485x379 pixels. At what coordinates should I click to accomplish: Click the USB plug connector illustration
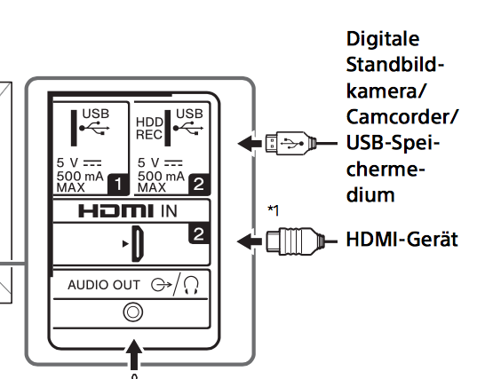(290, 143)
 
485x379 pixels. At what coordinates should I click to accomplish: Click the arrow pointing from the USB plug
(250, 143)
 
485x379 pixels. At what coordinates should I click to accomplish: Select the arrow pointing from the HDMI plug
(250, 241)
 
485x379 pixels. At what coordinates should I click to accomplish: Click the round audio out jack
(133, 312)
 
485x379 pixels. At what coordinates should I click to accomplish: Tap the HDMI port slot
(138, 243)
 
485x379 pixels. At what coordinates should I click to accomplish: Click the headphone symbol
(191, 285)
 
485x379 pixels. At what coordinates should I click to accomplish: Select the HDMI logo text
(116, 211)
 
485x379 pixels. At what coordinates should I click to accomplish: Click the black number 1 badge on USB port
(118, 185)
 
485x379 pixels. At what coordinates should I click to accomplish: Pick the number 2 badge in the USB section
(199, 185)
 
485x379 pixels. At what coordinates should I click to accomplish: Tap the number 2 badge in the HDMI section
(199, 233)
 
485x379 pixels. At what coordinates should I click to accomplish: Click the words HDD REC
(149, 129)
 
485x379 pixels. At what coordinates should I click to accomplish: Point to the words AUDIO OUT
(104, 285)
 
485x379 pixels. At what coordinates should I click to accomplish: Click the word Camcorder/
(402, 117)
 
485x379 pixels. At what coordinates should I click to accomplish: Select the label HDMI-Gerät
(402, 240)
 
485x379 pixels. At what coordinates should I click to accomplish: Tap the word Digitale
(383, 40)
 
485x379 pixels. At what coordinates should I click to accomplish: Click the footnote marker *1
(274, 210)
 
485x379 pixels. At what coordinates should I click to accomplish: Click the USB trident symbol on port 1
(94, 128)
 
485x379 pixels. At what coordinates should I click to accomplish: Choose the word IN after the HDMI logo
(169, 211)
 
